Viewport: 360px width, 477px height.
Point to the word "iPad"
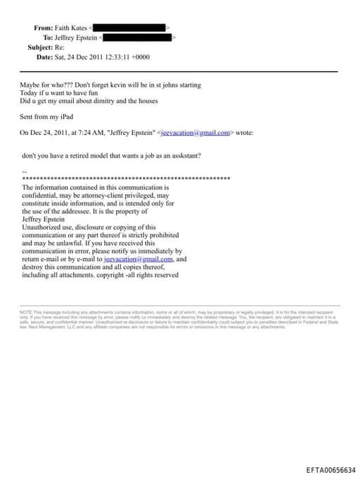(65, 116)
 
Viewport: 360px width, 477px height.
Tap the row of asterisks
(127, 179)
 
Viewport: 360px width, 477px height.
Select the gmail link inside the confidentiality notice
(138, 259)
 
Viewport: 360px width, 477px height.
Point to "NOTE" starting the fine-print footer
(25, 312)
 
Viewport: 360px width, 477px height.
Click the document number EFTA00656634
(331, 469)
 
